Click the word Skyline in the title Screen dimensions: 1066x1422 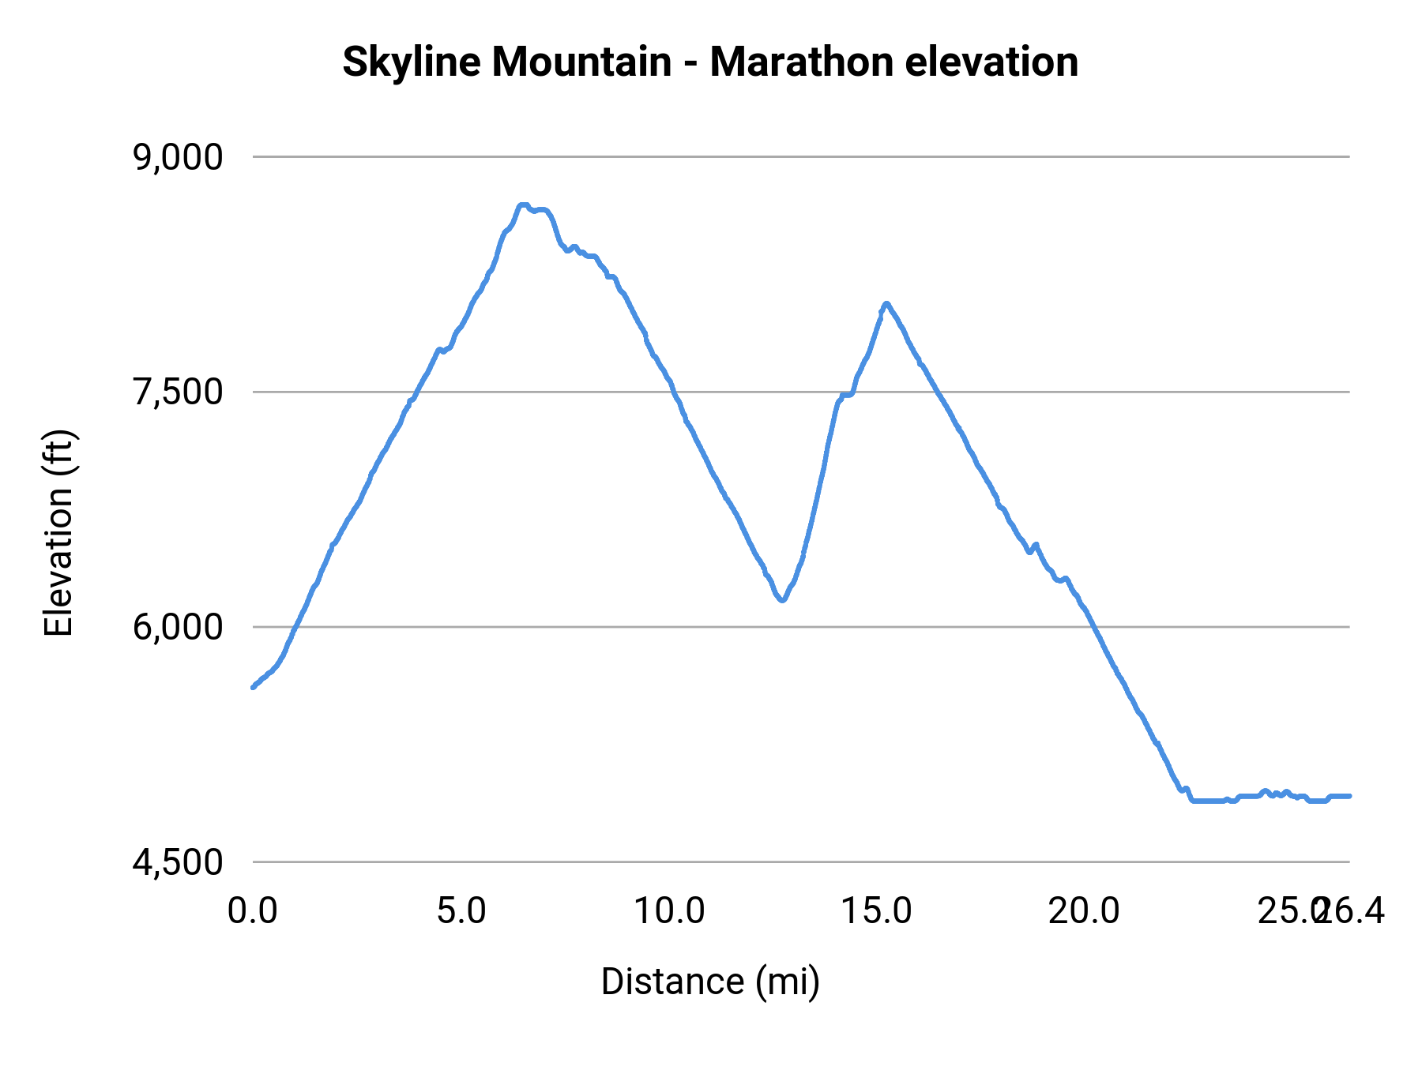pos(410,62)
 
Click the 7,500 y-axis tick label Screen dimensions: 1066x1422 pos(179,392)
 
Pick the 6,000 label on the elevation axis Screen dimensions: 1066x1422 pos(179,628)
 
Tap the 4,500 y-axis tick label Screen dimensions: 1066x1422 pos(179,862)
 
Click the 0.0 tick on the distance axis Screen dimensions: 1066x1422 pos(253,911)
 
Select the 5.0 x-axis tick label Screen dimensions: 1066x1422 pos(461,911)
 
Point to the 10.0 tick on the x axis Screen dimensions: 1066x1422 pos(670,911)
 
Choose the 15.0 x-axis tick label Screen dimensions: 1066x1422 pos(876,911)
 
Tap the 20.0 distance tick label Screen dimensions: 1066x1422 pos(1084,911)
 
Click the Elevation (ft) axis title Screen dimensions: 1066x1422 pos(58,533)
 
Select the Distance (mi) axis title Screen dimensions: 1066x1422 pos(710,982)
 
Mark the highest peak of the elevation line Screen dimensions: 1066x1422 pos(522,205)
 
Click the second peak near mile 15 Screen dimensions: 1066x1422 pos(886,303)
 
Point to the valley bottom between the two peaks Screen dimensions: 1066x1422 pos(782,600)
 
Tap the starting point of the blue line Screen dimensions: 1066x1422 pos(253,687)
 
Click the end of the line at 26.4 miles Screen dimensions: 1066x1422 pos(1349,796)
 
